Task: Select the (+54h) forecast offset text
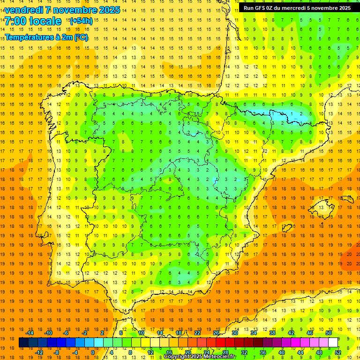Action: pos(81,21)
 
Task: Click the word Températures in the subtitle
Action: pos(29,37)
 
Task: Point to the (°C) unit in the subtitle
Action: pos(81,37)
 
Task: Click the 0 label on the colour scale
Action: pos(93,352)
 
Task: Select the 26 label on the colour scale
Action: pos(216,333)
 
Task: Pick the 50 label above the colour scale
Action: pos(328,333)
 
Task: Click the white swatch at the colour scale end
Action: pos(333,343)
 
